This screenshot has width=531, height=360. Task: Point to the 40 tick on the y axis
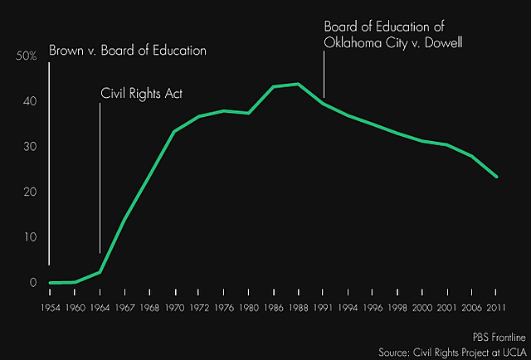[30, 101]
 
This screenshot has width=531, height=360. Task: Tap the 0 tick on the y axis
[34, 283]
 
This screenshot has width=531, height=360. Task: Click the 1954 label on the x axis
[50, 307]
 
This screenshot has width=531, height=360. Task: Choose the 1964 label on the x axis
[100, 307]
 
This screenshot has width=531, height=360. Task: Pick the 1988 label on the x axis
[298, 307]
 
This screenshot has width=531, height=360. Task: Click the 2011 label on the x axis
[496, 307]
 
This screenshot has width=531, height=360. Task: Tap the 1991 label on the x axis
[323, 307]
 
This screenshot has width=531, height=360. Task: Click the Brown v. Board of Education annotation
[127, 51]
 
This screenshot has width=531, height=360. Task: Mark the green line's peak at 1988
[298, 84]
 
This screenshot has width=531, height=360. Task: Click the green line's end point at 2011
[496, 177]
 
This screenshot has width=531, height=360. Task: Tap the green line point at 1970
[174, 131]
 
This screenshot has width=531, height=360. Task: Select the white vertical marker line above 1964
[100, 174]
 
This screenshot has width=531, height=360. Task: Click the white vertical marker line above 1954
[50, 158]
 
